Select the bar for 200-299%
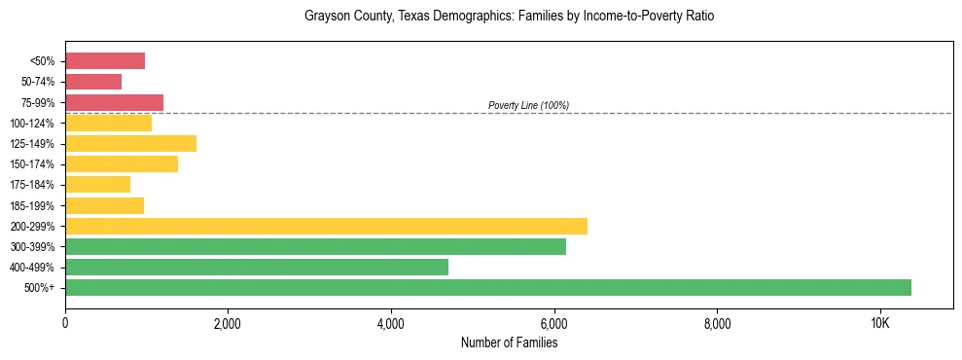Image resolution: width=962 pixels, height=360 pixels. [x=326, y=226]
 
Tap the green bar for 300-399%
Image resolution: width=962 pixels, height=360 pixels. [x=315, y=247]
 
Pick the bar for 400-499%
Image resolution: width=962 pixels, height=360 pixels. [x=257, y=268]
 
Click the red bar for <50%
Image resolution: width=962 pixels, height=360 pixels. [x=105, y=61]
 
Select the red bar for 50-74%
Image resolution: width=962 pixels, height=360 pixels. [x=93, y=82]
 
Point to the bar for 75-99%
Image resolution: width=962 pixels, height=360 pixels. [x=114, y=102]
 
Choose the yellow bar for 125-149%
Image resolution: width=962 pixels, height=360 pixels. [x=130, y=144]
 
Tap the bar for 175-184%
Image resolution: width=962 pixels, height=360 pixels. [x=97, y=185]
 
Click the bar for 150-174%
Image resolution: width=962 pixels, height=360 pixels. [x=122, y=164]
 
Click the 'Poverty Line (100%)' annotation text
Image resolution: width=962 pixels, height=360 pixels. [x=528, y=105]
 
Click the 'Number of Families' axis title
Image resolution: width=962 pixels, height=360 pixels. [x=509, y=342]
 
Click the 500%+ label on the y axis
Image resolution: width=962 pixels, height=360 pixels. [x=38, y=288]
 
